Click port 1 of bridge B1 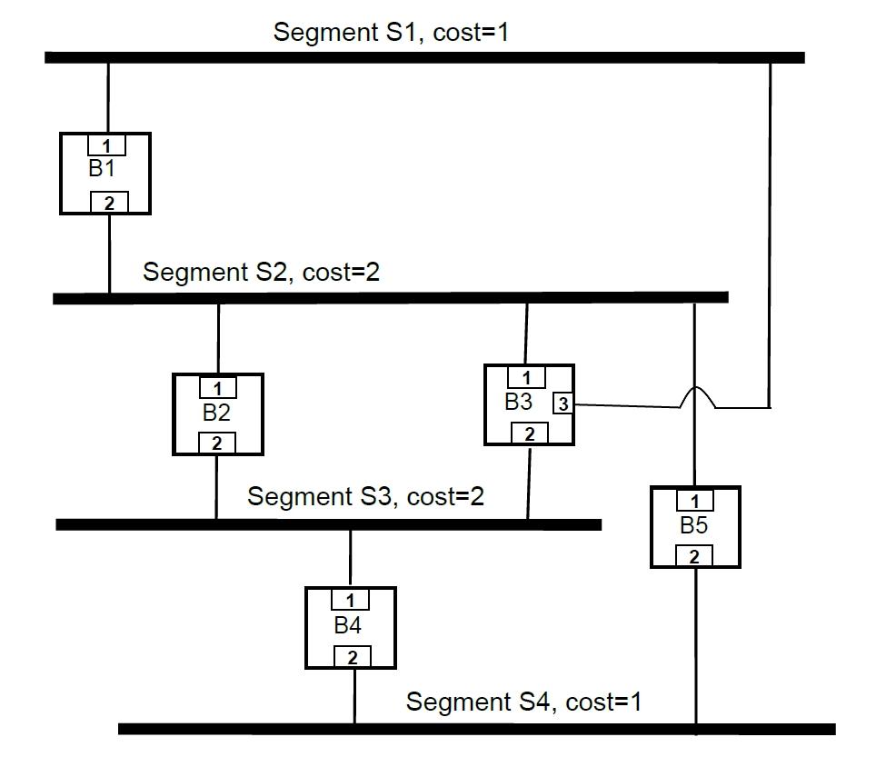click(106, 144)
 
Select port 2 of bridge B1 click(109, 203)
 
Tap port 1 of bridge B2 click(217, 388)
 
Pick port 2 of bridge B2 click(217, 443)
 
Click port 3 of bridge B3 click(563, 403)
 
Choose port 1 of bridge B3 click(526, 377)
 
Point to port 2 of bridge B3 click(530, 433)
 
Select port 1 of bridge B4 click(350, 600)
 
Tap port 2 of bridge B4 click(353, 657)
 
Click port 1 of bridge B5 click(695, 501)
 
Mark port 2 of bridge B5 click(694, 556)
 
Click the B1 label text click(102, 168)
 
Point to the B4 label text click(348, 625)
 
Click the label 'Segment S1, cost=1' click(392, 32)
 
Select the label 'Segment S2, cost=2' click(261, 272)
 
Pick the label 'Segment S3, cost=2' click(365, 496)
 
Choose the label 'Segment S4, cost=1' click(523, 702)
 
